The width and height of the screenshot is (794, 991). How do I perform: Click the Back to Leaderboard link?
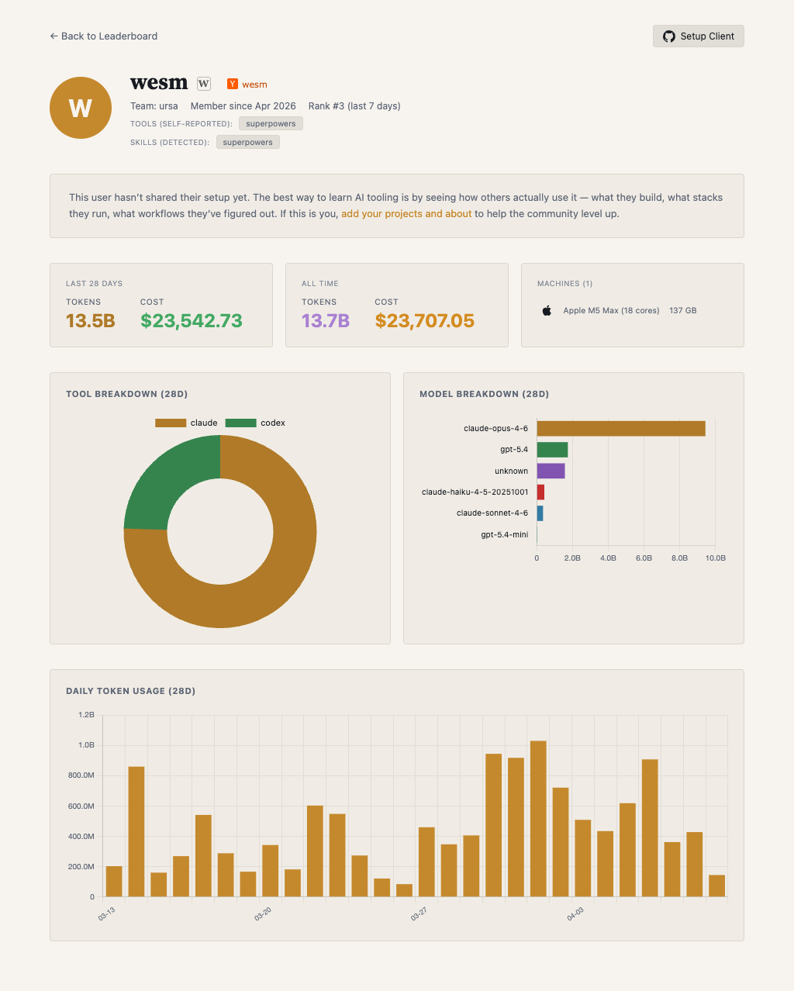click(x=103, y=36)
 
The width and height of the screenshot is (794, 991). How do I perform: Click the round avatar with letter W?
click(x=81, y=108)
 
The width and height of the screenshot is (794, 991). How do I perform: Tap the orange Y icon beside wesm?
click(x=232, y=85)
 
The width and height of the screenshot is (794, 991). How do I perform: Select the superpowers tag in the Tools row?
click(x=271, y=124)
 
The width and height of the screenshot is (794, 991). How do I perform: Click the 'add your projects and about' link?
click(x=406, y=214)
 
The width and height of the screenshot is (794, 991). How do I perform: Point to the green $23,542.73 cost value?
click(x=192, y=321)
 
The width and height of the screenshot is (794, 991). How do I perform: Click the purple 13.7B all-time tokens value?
click(x=326, y=321)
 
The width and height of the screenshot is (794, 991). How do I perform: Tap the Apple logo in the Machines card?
click(x=547, y=311)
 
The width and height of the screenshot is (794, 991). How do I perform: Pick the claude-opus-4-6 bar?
click(x=620, y=429)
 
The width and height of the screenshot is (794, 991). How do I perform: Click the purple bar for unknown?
click(x=551, y=471)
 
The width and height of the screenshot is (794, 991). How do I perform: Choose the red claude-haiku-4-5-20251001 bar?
click(x=540, y=492)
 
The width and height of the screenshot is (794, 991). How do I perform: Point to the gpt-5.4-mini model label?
click(x=504, y=535)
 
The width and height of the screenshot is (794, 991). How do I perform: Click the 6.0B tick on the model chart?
click(x=644, y=558)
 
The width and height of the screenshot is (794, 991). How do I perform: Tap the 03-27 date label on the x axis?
click(x=419, y=915)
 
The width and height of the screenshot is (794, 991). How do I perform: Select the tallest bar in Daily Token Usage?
click(x=538, y=819)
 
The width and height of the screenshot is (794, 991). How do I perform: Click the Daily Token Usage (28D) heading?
click(x=130, y=691)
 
